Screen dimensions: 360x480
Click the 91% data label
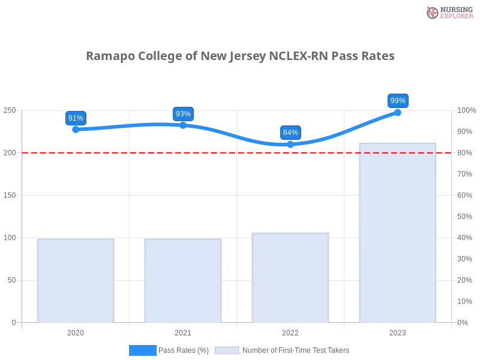tap(76, 118)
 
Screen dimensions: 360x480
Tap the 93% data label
tap(183, 114)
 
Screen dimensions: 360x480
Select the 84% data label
tap(290, 133)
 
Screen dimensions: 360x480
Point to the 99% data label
tap(398, 101)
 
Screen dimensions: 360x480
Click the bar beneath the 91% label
tap(74, 280)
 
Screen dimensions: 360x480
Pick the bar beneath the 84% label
tap(290, 277)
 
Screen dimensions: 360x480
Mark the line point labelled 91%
tap(76, 129)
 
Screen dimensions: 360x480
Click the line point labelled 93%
tap(183, 125)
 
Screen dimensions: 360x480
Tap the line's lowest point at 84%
tap(290, 144)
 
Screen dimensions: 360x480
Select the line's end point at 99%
tap(397, 112)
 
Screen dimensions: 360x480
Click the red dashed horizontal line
tap(240, 152)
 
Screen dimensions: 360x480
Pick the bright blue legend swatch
tap(143, 350)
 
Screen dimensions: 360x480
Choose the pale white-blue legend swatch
tap(227, 350)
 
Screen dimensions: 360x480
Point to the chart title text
tap(242, 56)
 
